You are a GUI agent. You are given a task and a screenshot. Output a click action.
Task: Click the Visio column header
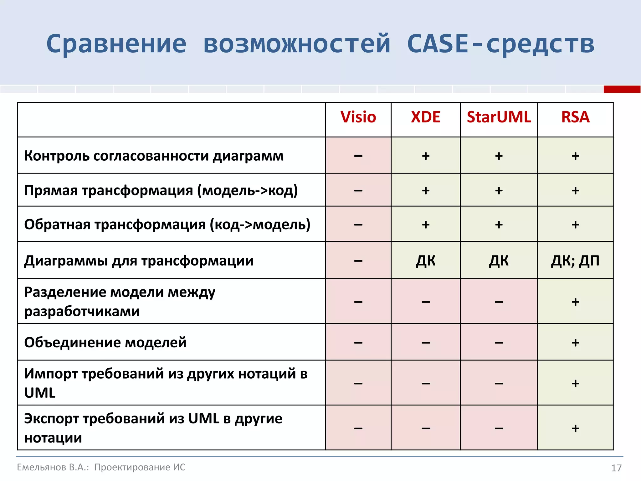[358, 117]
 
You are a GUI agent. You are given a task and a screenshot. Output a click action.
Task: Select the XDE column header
[425, 117]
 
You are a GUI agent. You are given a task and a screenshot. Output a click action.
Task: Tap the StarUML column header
[499, 117]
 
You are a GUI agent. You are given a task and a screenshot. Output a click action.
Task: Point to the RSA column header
[575, 117]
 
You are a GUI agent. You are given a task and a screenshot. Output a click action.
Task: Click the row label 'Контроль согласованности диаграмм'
[154, 156]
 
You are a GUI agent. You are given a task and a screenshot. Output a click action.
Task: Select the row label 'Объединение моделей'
[105, 342]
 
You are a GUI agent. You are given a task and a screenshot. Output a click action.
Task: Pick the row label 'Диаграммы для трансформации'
[139, 261]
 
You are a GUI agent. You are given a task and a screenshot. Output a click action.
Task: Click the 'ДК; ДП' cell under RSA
[575, 261]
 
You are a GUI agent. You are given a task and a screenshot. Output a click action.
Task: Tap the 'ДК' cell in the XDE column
[425, 261]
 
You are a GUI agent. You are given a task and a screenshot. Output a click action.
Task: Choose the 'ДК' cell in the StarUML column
[499, 261]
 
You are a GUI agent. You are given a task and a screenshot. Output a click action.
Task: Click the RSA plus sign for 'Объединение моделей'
[575, 343]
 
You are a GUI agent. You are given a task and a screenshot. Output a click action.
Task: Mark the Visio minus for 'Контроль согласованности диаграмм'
[358, 156]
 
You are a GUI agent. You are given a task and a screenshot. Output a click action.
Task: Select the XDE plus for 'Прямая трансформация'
[425, 190]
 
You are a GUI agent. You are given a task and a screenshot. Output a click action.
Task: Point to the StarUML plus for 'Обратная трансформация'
[499, 225]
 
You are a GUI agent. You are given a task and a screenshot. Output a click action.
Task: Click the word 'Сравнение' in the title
[116, 44]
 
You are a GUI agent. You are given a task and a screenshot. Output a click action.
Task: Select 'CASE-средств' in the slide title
[500, 44]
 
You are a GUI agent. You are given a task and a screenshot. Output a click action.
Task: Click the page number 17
[616, 468]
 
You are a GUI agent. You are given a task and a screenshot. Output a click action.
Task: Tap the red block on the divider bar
[622, 89]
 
